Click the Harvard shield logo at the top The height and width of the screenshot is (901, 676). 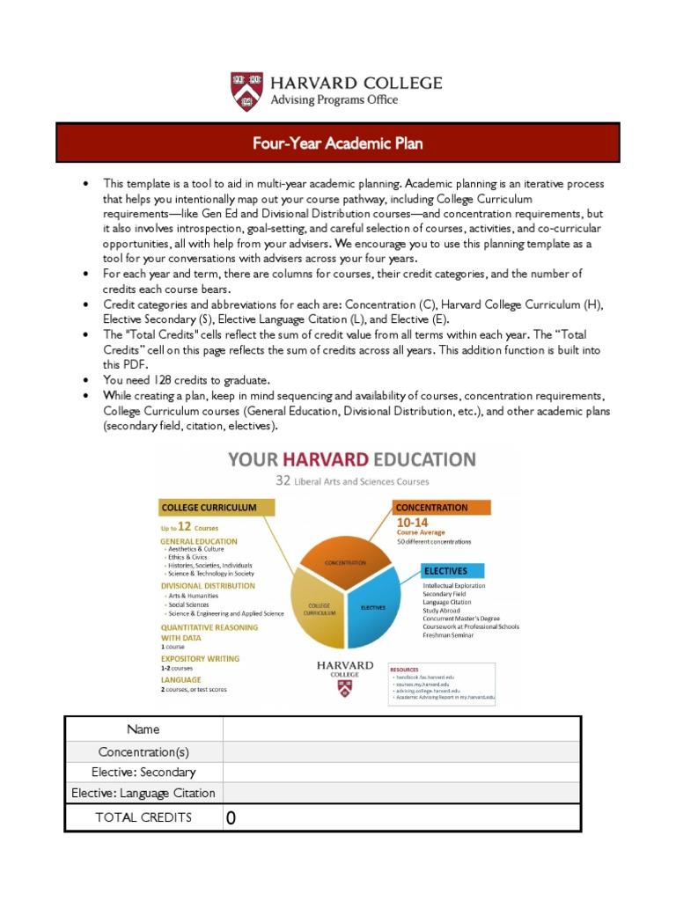pyautogui.click(x=246, y=92)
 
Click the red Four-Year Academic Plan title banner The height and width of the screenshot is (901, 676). pyautogui.click(x=338, y=143)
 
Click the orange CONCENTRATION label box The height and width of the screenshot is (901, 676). pyautogui.click(x=430, y=508)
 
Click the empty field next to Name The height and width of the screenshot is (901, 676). pyautogui.click(x=401, y=729)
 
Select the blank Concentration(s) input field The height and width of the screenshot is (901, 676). pyautogui.click(x=401, y=751)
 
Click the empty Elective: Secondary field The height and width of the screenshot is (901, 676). pyautogui.click(x=401, y=773)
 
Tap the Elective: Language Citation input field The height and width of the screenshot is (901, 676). pyautogui.click(x=401, y=794)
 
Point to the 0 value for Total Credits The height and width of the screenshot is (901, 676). pyautogui.click(x=231, y=818)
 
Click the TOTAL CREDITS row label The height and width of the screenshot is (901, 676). pyautogui.click(x=143, y=817)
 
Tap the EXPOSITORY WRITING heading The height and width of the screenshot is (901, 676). pyautogui.click(x=200, y=658)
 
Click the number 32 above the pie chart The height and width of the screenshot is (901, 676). pyautogui.click(x=283, y=481)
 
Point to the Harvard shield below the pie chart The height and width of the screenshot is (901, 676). pyautogui.click(x=344, y=691)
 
